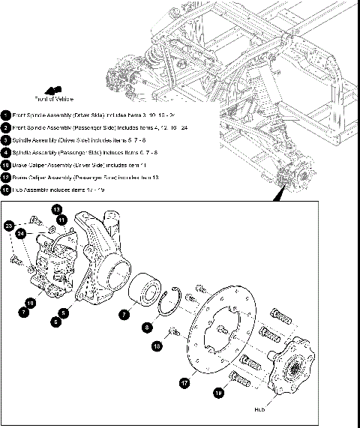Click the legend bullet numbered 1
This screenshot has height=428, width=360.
pos(6,115)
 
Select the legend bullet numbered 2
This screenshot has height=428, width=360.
pos(6,127)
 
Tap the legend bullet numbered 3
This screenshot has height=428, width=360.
pos(6,139)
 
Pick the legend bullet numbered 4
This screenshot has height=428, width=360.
pos(6,152)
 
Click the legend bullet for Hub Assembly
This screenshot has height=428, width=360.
pos(6,190)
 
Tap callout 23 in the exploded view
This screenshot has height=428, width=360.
pos(10,225)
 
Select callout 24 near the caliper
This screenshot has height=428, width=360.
pos(22,233)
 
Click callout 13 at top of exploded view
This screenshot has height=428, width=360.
pos(57,208)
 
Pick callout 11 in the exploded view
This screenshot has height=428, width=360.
pos(62,219)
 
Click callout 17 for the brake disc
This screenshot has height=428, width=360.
pos(183,382)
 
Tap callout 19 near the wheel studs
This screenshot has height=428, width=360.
pos(218,392)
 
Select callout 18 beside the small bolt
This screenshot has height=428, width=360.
pos(156,346)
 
